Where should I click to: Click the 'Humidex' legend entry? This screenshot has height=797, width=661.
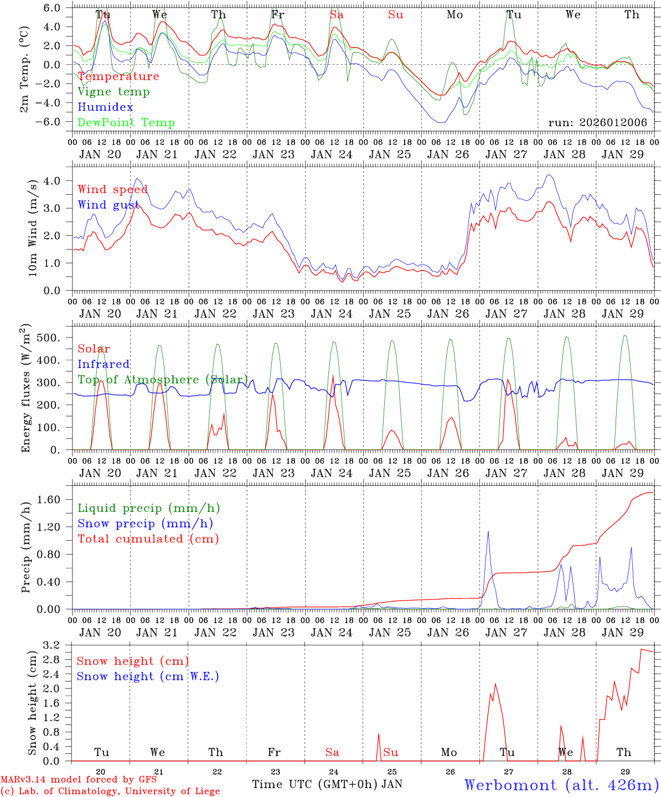click(x=105, y=107)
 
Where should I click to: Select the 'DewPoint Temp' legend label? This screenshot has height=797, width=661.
click(x=126, y=123)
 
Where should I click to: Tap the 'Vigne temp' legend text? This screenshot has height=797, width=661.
click(x=113, y=92)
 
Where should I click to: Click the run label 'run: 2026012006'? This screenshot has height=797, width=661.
click(x=597, y=123)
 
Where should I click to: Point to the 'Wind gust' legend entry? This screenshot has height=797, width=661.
click(x=108, y=205)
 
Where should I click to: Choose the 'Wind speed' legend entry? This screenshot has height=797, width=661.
click(x=112, y=189)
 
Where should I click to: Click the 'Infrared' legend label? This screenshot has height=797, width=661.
click(x=104, y=364)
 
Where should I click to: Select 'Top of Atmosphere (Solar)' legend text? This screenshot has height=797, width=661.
click(x=163, y=380)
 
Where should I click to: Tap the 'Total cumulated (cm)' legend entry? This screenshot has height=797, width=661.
click(x=148, y=539)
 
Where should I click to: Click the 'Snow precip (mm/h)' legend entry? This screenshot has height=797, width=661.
click(x=145, y=524)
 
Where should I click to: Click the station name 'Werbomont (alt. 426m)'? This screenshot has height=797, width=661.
click(x=561, y=785)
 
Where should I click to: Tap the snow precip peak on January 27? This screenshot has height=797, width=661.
click(x=488, y=531)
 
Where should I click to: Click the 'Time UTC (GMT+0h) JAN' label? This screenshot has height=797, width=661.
click(x=327, y=784)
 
